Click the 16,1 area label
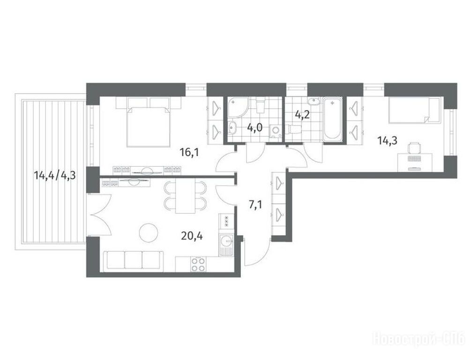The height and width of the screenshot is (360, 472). (189, 153)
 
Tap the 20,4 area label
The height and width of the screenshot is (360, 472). (192, 236)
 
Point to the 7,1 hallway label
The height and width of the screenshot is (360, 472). (255, 205)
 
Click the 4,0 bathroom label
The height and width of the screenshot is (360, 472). (255, 127)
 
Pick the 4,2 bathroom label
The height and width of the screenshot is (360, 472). (302, 115)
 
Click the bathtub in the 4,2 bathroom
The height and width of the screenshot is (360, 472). (332, 119)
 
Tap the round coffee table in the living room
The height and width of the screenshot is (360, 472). (149, 232)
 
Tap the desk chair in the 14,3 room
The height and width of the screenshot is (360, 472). (414, 148)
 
